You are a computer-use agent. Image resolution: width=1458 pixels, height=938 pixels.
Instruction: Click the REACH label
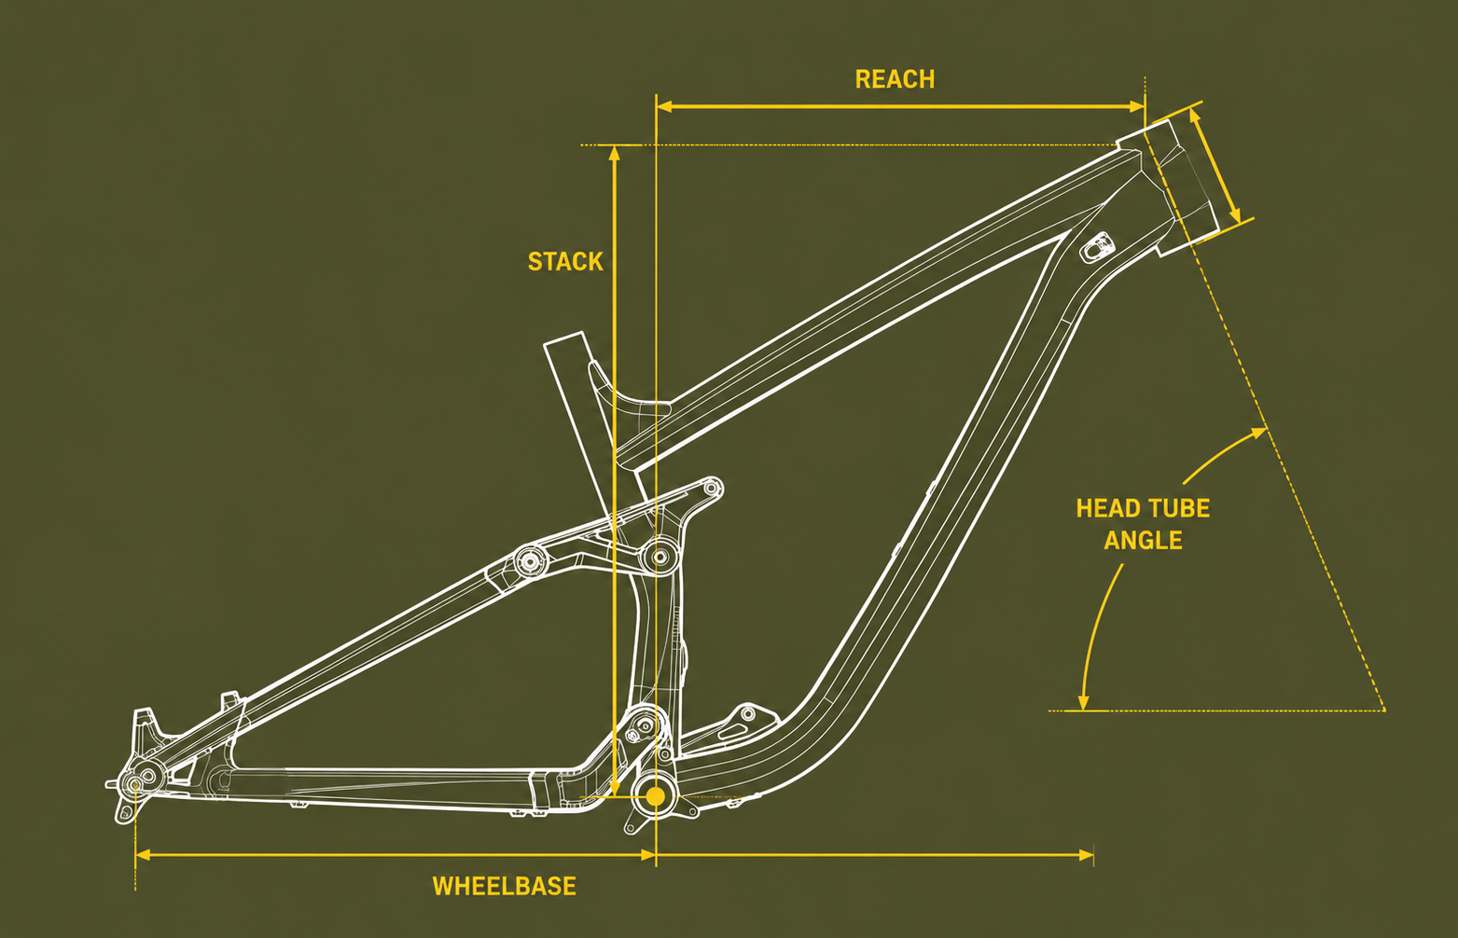[895, 79]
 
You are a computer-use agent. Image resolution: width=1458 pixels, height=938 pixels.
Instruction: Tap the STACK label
[565, 261]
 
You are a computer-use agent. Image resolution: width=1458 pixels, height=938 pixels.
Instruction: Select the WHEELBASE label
[505, 886]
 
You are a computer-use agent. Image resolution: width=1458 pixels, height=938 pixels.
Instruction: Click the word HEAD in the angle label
[1104, 508]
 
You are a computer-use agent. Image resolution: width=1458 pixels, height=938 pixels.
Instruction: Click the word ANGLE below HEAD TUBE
[1143, 541]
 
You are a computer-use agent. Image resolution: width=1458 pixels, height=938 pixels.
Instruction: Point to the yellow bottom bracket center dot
[656, 796]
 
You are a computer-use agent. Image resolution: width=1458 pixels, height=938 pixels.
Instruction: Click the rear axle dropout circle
[135, 784]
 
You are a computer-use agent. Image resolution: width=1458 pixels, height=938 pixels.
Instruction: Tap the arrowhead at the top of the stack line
[614, 153]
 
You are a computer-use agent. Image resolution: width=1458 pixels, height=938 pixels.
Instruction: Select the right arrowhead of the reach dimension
[1137, 106]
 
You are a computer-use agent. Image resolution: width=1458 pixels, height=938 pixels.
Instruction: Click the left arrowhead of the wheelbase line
[144, 855]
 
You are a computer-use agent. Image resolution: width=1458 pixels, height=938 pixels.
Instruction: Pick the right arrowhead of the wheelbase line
[1086, 855]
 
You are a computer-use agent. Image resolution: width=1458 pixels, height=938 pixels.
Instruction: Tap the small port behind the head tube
[1097, 246]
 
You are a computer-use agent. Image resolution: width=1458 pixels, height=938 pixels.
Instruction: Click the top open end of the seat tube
[563, 340]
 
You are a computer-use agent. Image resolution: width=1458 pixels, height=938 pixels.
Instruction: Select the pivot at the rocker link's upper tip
[712, 488]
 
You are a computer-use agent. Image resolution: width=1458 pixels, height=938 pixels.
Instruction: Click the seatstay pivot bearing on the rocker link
[531, 560]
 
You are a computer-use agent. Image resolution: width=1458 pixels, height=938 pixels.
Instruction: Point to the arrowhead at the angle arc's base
[1083, 702]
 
